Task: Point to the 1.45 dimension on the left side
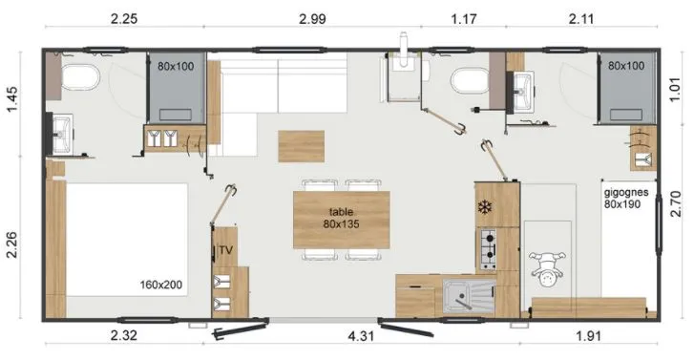pos(13,101)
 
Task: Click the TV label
pos(225,250)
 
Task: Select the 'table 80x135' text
pos(342,218)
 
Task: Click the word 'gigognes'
pos(626,191)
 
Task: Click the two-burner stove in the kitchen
pos(488,250)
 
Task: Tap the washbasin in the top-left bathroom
pos(62,127)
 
